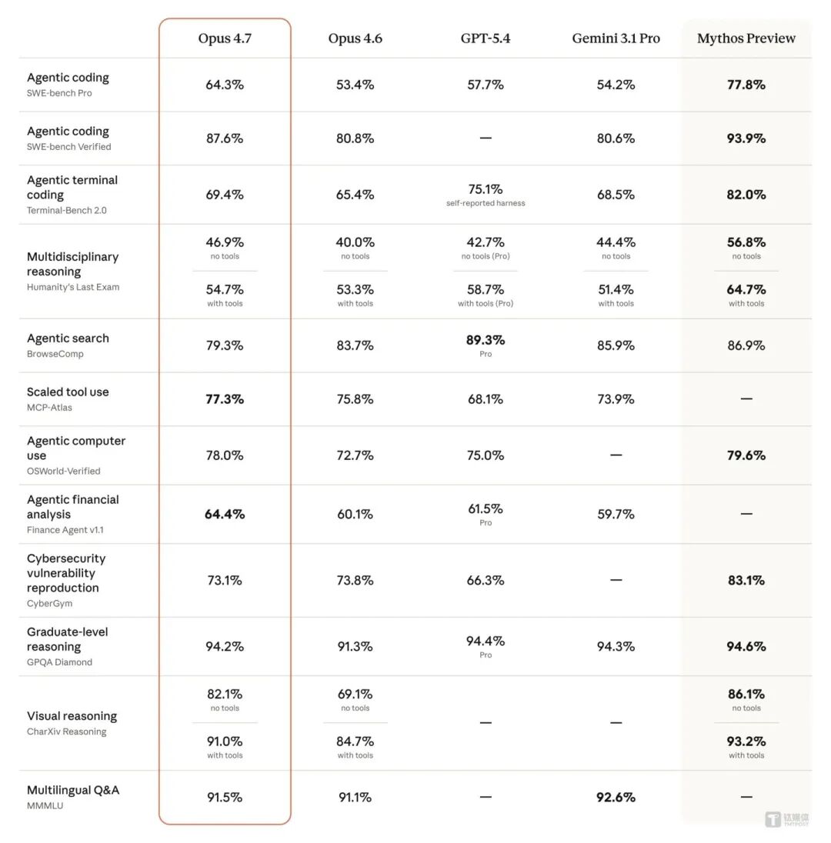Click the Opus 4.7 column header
(225, 38)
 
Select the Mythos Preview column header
(746, 38)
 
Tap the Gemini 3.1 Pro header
(616, 38)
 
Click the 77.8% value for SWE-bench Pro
(746, 85)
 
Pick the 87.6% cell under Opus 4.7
(225, 138)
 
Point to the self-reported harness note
(486, 203)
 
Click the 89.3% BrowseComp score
(486, 340)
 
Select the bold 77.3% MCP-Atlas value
(225, 399)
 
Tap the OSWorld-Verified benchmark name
(63, 471)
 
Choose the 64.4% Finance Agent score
(225, 514)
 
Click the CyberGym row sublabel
(49, 603)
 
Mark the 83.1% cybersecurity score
(746, 581)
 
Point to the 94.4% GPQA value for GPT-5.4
(486, 641)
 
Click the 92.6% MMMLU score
(616, 798)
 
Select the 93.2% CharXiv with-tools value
(746, 741)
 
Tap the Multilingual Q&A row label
(73, 790)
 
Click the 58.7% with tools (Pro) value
(486, 290)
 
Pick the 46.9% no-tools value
(225, 242)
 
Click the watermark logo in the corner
(786, 819)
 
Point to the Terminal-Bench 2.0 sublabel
(67, 210)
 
